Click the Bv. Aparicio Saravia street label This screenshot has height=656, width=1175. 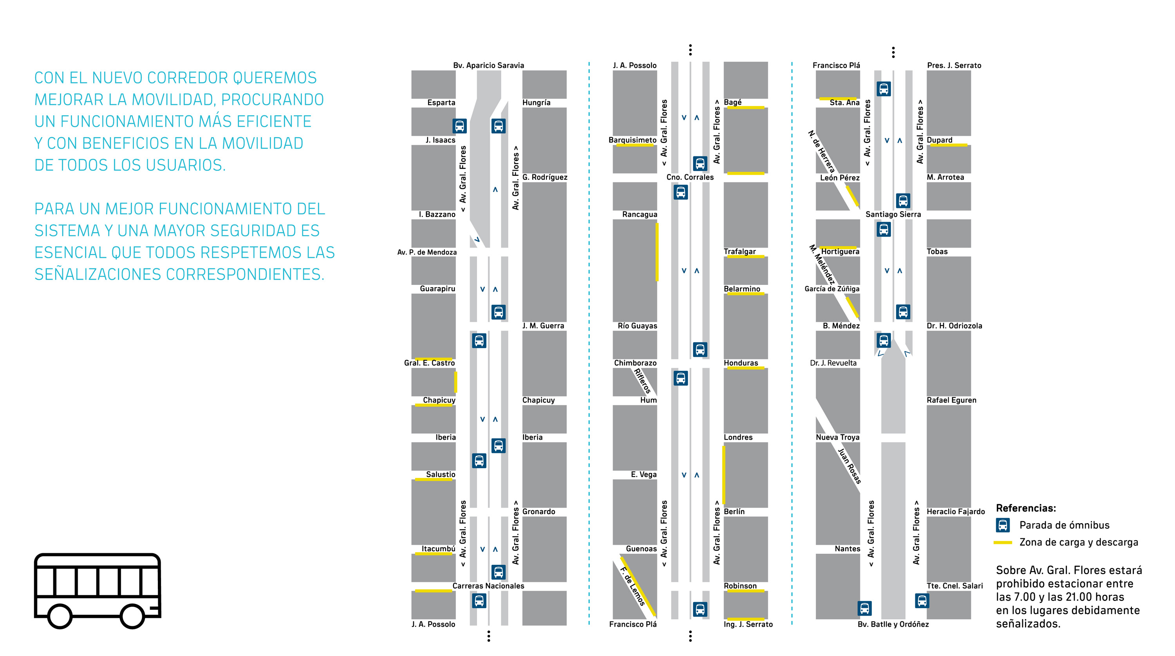point(488,65)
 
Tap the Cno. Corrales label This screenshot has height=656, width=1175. point(690,177)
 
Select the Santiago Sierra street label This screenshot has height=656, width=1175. point(893,214)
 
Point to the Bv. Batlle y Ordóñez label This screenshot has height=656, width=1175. point(893,624)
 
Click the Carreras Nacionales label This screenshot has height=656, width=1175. point(488,586)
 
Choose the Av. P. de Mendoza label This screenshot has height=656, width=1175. point(427,252)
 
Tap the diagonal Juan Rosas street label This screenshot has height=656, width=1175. point(849,466)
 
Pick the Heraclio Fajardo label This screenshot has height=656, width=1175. point(956,511)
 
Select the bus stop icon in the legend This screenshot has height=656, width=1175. point(1003,526)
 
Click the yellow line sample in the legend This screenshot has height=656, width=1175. point(1003,542)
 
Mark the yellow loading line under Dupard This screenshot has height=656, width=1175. point(948,145)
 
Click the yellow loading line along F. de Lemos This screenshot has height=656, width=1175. point(638,586)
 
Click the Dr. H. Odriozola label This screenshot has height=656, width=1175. point(954,326)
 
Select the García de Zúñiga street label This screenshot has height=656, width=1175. point(832,288)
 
